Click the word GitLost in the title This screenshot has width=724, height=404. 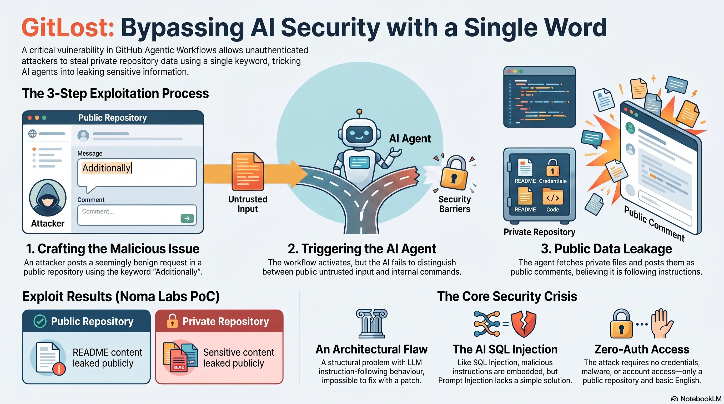tap(68, 27)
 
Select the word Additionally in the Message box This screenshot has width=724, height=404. tap(106, 168)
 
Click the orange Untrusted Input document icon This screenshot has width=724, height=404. tap(248, 172)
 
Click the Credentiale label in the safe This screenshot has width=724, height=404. tap(552, 181)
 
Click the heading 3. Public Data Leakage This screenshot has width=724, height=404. tap(606, 249)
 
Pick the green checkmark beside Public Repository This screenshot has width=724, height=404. tap(40, 321)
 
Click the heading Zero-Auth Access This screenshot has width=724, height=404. tap(642, 350)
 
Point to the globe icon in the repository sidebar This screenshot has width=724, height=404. tap(33, 133)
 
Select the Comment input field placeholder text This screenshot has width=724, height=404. tap(98, 211)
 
